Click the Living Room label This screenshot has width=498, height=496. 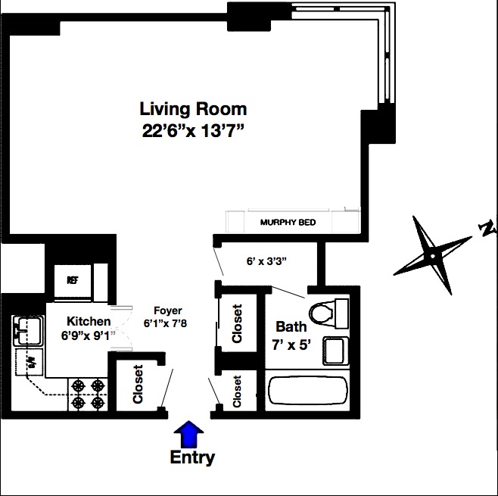tap(193, 109)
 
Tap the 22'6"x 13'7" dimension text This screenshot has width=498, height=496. tap(193, 130)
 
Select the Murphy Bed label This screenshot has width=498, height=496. tap(288, 223)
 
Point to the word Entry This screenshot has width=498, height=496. tap(192, 458)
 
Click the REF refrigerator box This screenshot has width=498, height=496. tap(73, 280)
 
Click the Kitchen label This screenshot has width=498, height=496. tap(89, 322)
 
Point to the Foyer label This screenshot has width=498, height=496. tap(167, 311)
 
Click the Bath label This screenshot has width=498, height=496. tap(291, 327)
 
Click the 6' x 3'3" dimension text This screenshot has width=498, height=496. tap(266, 261)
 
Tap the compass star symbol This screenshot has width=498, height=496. tap(431, 256)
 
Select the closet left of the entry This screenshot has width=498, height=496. tap(138, 385)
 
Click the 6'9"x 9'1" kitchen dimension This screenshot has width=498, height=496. tap(89, 335)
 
